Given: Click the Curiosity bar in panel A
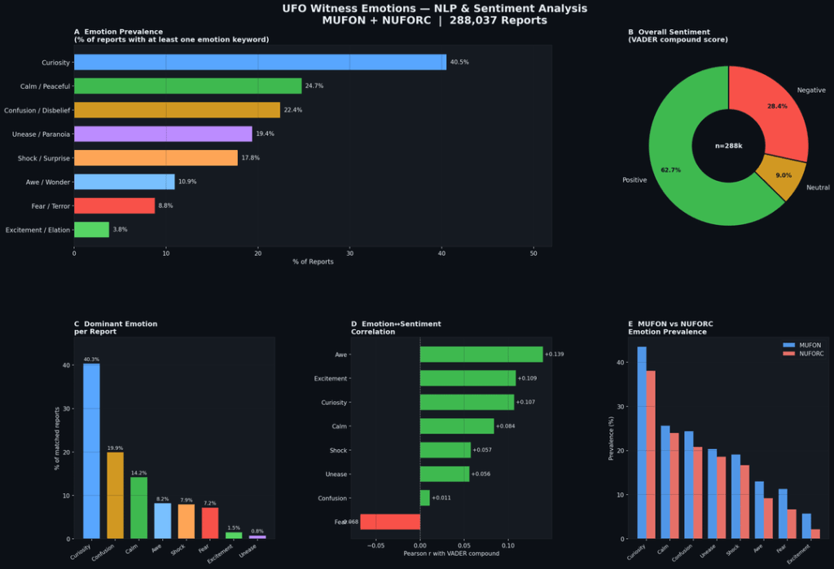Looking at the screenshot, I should coord(260,62).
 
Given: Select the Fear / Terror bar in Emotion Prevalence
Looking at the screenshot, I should coord(114,205).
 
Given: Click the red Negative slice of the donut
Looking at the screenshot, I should coord(770,110).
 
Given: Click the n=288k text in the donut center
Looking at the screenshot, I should coord(728,146).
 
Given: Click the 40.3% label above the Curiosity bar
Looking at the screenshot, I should coord(91,359).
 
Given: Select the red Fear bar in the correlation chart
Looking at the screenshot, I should coord(390,522).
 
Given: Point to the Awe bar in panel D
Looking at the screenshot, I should coord(481,355).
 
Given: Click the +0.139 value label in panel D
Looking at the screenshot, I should coord(554,355).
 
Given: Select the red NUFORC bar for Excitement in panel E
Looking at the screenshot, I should coord(815,534).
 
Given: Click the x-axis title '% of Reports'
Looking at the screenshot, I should coord(313,262).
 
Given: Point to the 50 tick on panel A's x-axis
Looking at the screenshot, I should coord(533,253).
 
